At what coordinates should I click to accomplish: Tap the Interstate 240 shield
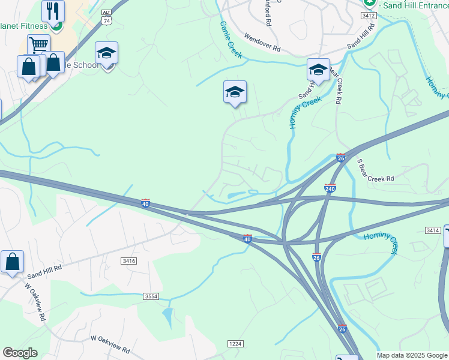tap(330, 188)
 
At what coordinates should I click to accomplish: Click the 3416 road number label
tap(128, 261)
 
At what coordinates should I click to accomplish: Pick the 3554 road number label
tap(151, 296)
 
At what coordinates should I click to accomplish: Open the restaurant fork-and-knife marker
tap(53, 10)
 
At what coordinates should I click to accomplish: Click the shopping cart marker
tap(38, 44)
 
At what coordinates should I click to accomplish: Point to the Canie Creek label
tap(231, 40)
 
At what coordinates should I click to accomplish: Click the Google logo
tap(20, 353)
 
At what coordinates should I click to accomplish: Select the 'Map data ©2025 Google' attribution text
tap(412, 355)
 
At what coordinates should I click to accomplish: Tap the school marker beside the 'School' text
tap(106, 53)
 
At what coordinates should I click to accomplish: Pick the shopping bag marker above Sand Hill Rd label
tap(12, 262)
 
